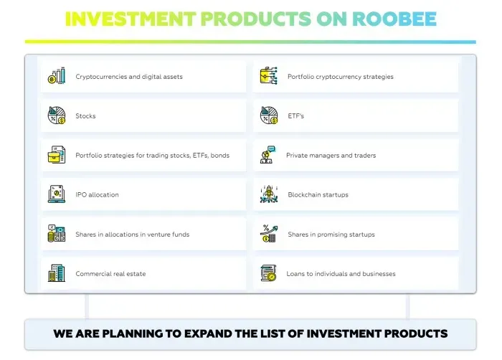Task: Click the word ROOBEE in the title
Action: pyautogui.click(x=394, y=19)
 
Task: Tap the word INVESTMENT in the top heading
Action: pyautogui.click(x=131, y=19)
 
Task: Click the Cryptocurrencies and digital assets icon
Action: pyautogui.click(x=57, y=76)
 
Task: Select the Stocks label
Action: pyautogui.click(x=85, y=116)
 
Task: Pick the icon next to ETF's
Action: pyautogui.click(x=269, y=115)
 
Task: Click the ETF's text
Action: pyautogui.click(x=295, y=116)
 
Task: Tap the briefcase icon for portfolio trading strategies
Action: pyautogui.click(x=57, y=155)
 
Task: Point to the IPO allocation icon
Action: pyautogui.click(x=57, y=194)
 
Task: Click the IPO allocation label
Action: pyautogui.click(x=97, y=195)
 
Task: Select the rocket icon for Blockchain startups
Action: pyautogui.click(x=269, y=194)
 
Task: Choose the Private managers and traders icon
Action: pyautogui.click(x=267, y=155)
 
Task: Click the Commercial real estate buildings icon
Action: pyautogui.click(x=57, y=273)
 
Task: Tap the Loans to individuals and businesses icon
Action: pyautogui.click(x=269, y=273)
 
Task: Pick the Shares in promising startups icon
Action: pyautogui.click(x=269, y=234)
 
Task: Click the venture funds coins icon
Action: pyautogui.click(x=57, y=234)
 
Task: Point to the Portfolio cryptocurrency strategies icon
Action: pyautogui.click(x=269, y=76)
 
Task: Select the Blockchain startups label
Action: pyautogui.click(x=318, y=195)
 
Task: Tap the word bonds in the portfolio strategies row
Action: pyautogui.click(x=220, y=156)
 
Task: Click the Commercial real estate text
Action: pyautogui.click(x=110, y=274)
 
